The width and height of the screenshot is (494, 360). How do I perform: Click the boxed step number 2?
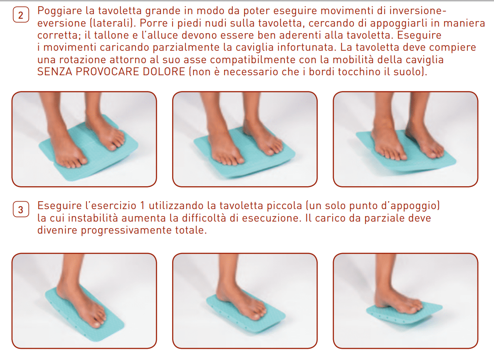click(21, 15)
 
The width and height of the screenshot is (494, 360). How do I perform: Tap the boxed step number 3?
click(21, 210)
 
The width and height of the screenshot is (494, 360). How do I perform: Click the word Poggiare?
click(59, 11)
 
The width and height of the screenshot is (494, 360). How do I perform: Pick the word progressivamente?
click(126, 230)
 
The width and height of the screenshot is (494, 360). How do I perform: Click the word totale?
click(191, 230)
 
